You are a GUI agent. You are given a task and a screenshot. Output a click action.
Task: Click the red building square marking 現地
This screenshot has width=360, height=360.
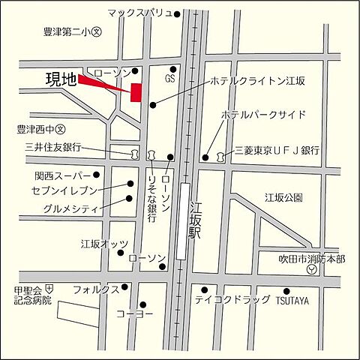point(136,91)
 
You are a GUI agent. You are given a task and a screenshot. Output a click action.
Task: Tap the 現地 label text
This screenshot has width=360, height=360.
point(61,79)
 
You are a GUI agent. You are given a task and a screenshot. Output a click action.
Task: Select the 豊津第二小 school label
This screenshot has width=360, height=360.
point(73,32)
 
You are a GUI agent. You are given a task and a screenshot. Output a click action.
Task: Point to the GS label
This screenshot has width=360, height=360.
point(170,77)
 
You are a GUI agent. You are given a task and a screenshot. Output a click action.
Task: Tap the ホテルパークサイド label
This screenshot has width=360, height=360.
point(263,115)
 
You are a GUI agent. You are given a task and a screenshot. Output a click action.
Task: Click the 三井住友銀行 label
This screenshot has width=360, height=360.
point(53,147)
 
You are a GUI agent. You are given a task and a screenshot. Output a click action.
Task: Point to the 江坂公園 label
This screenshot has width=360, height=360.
point(283,198)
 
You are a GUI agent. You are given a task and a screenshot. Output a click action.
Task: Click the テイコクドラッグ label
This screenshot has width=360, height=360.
point(232,299)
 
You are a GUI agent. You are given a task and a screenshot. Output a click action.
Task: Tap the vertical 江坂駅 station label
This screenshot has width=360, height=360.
point(196,220)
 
